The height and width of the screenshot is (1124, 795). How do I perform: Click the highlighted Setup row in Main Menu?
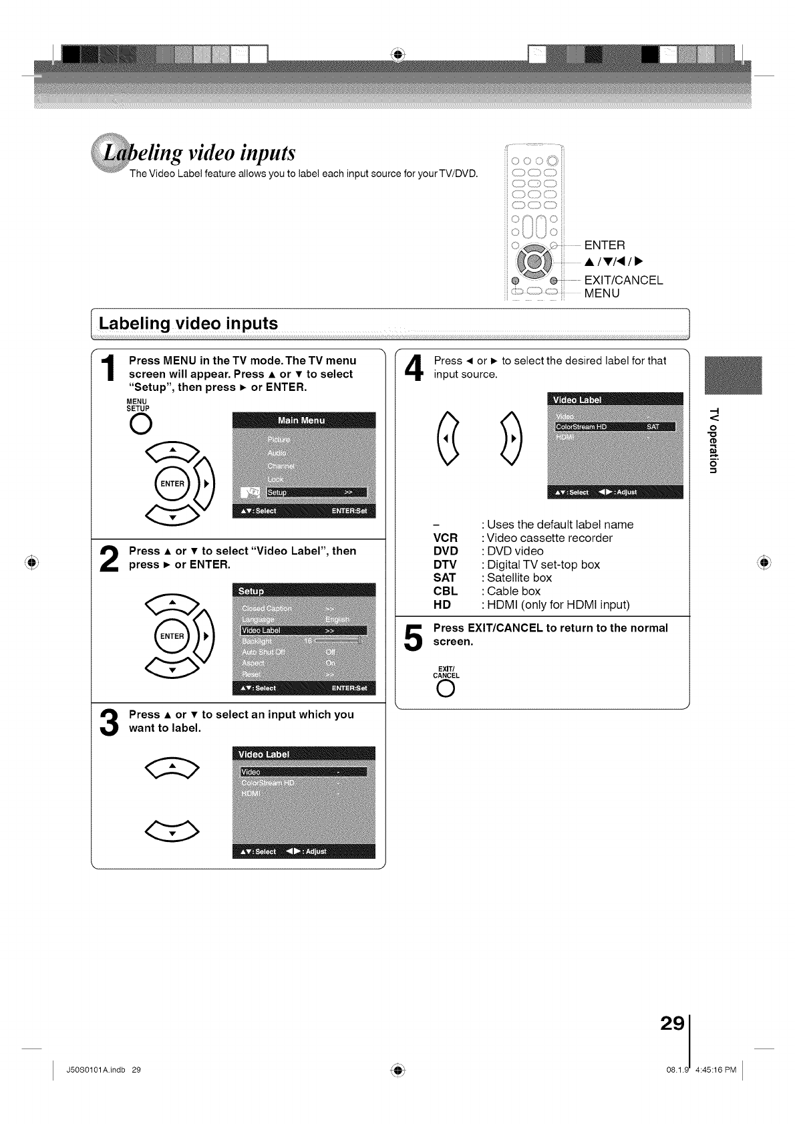(x=316, y=493)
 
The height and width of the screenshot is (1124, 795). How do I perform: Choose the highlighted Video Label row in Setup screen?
(x=304, y=630)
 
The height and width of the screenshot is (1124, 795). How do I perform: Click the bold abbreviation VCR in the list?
(x=445, y=538)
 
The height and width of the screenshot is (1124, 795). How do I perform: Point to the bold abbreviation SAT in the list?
(x=444, y=577)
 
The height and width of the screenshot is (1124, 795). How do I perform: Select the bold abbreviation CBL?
(x=445, y=591)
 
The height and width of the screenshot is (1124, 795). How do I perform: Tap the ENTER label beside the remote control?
(x=605, y=245)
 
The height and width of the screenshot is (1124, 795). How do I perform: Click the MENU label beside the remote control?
(x=601, y=293)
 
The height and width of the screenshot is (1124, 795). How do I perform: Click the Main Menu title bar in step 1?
(x=304, y=420)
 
